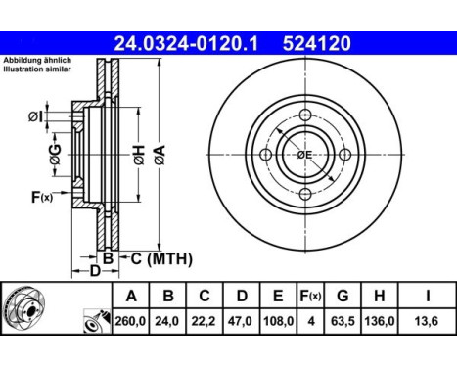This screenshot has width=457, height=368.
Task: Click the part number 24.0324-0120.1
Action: [186, 44]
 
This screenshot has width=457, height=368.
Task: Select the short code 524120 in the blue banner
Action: [316, 44]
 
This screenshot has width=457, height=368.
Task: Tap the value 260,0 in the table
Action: [130, 321]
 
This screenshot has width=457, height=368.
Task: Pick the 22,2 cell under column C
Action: [204, 321]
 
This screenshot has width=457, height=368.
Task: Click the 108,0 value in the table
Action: [278, 321]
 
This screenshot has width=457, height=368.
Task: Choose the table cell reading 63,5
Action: [343, 321]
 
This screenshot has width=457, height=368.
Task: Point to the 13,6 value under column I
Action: [427, 321]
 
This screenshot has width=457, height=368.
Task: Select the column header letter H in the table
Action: [379, 296]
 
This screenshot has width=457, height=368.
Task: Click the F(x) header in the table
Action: [310, 296]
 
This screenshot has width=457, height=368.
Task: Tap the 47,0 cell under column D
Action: [240, 321]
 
